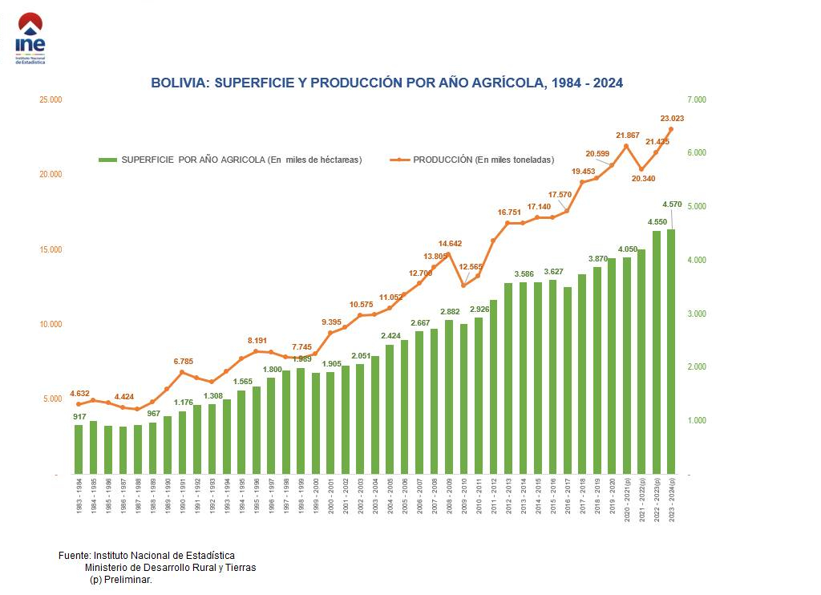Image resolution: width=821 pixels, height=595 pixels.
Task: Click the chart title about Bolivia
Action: point(386,83)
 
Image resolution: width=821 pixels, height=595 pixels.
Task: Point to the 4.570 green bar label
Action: point(673,204)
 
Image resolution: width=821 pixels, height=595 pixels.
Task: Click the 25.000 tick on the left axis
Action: point(51,99)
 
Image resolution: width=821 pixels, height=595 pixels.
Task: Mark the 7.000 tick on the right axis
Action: point(697,99)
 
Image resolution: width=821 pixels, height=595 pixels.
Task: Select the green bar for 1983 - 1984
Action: point(79,449)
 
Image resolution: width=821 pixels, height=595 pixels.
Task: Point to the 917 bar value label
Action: point(79,416)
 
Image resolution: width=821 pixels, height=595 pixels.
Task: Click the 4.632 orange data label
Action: point(79,394)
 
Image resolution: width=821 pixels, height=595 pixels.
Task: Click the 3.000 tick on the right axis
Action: point(697,314)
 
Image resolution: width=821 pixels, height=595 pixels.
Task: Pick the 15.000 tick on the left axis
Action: point(51,249)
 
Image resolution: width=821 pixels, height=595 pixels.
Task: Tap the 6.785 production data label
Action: point(183,362)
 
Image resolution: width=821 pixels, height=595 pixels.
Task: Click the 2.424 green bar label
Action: point(390,336)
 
